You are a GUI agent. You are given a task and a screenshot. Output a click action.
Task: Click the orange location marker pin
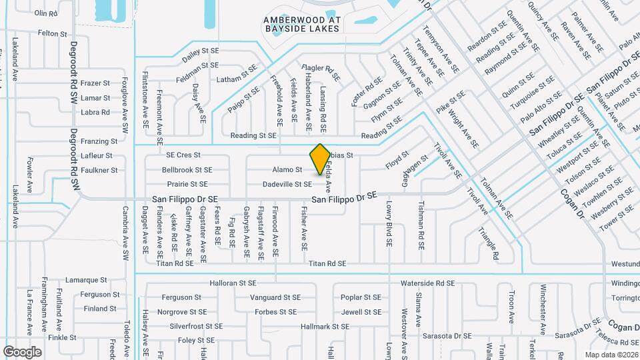[320, 158]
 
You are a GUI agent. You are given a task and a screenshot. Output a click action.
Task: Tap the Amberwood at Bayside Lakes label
[302, 25]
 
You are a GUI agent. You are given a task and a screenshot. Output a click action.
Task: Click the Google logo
[22, 351]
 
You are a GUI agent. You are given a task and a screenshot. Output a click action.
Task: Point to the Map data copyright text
[611, 354]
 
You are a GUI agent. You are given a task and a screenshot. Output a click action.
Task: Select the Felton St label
[53, 33]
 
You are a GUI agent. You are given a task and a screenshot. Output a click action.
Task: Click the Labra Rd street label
[95, 112]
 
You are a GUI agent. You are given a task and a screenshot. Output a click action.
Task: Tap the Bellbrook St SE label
[187, 170]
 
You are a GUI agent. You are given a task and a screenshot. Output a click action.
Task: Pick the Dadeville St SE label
[287, 184]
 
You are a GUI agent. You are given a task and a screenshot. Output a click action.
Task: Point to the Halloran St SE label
[233, 283]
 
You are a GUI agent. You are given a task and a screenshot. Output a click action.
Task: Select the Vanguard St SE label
[275, 297]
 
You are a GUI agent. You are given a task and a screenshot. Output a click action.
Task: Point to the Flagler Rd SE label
[321, 73]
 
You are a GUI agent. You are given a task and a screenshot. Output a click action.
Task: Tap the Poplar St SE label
[361, 297]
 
